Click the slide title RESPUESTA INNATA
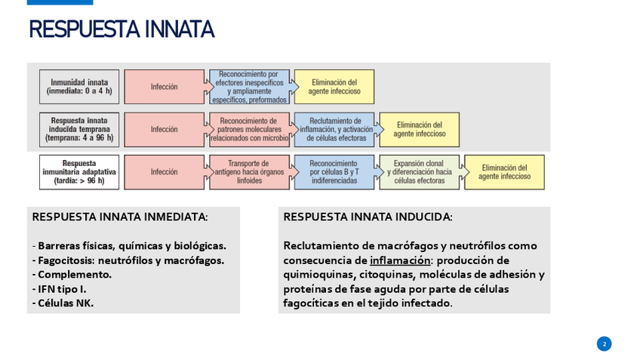(x=122, y=30)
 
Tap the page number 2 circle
(x=604, y=343)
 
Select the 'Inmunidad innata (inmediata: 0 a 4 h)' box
(x=79, y=87)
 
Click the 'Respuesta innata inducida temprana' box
(x=79, y=129)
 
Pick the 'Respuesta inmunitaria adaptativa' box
(x=79, y=172)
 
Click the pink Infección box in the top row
(x=164, y=87)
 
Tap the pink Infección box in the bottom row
(x=164, y=172)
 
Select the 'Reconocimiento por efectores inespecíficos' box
(x=249, y=87)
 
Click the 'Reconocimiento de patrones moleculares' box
(x=249, y=129)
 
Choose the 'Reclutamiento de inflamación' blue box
(x=334, y=129)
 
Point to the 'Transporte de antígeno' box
(x=249, y=172)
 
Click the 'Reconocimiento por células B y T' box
(x=334, y=172)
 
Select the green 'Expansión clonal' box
(x=419, y=172)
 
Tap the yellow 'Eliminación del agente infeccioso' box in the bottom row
(x=504, y=172)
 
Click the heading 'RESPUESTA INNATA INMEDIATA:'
(x=120, y=217)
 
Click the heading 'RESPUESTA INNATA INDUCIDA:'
(x=368, y=217)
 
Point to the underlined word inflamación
(x=399, y=260)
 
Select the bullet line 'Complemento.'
(x=72, y=275)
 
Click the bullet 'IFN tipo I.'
(x=60, y=289)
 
